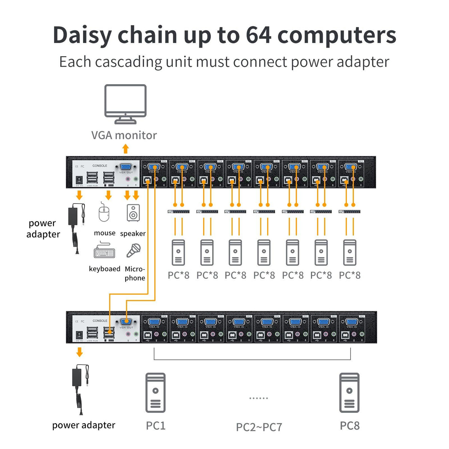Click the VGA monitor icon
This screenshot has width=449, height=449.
[125, 104]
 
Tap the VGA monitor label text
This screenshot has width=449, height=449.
[124, 135]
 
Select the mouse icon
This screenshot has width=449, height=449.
[104, 213]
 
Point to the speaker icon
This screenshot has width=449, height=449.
[133, 213]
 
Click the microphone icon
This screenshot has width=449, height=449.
[133, 250]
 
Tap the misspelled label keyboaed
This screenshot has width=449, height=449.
[104, 269]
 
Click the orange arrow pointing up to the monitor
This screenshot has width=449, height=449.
[126, 149]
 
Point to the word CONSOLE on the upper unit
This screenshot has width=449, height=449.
[100, 166]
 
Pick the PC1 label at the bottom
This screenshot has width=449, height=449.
[156, 426]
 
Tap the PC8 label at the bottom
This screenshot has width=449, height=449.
[349, 426]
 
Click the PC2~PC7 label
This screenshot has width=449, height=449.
[259, 427]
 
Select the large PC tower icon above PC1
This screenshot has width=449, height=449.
[155, 393]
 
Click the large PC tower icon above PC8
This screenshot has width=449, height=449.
[349, 393]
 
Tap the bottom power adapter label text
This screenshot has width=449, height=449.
[84, 425]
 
